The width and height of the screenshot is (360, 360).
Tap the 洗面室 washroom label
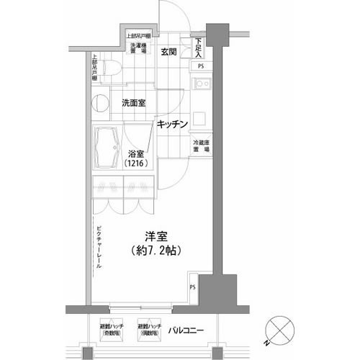(x=133, y=103)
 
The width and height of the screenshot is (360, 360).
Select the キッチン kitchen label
(x=173, y=124)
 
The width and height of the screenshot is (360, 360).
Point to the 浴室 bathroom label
(x=137, y=153)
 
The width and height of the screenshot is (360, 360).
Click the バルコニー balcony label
(x=186, y=330)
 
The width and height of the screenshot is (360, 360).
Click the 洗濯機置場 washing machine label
(x=138, y=50)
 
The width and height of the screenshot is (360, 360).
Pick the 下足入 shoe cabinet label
(x=199, y=48)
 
